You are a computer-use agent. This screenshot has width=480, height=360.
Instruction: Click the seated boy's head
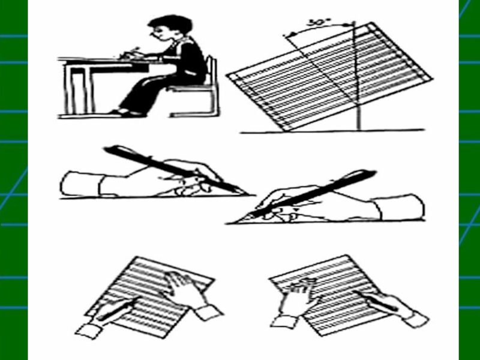pyautogui.click(x=169, y=28)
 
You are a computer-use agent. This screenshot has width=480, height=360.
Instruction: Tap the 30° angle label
pyautogui.click(x=319, y=22)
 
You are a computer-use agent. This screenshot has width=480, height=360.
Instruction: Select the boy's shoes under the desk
pyautogui.click(x=128, y=113)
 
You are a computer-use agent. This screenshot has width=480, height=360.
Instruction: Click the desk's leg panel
pyautogui.click(x=77, y=89)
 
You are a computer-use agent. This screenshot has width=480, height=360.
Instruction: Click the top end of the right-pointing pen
pyautogui.click(x=106, y=149)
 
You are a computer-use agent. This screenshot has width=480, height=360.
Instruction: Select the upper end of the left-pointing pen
pyautogui.click(x=374, y=173)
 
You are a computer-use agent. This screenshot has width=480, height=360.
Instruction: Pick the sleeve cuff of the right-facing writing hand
pyautogui.click(x=80, y=184)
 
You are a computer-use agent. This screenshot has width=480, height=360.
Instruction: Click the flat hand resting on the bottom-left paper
pyautogui.click(x=183, y=288)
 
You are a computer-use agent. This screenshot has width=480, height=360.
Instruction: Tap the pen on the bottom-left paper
pyautogui.click(x=116, y=309)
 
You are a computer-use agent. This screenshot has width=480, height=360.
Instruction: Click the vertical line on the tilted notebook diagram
pyautogui.click(x=356, y=76)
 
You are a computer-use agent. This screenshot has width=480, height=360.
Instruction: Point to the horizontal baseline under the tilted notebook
pyautogui.click(x=332, y=131)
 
